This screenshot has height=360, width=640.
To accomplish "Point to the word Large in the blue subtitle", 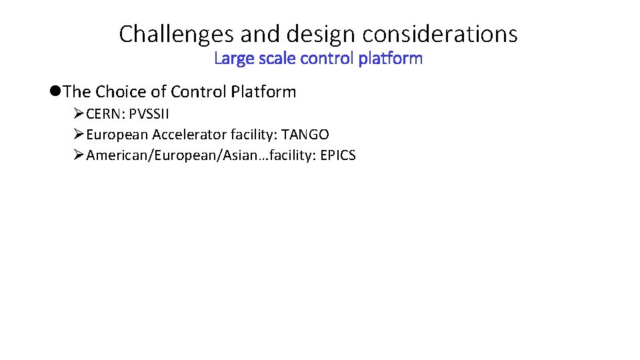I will [231, 59].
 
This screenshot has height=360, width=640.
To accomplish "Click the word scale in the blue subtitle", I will [274, 59].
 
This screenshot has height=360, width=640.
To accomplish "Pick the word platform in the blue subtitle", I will [390, 59].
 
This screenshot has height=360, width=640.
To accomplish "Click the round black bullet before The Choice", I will [56, 91].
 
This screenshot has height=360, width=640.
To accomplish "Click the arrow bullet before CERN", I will [78, 113].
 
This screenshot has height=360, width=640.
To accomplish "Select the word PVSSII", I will [149, 113].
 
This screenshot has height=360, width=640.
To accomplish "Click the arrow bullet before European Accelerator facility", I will [78, 135].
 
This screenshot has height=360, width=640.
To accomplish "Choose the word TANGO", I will [305, 135].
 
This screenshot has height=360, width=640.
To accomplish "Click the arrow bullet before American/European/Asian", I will [78, 156].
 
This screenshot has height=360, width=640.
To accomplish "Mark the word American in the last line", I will [113, 156].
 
